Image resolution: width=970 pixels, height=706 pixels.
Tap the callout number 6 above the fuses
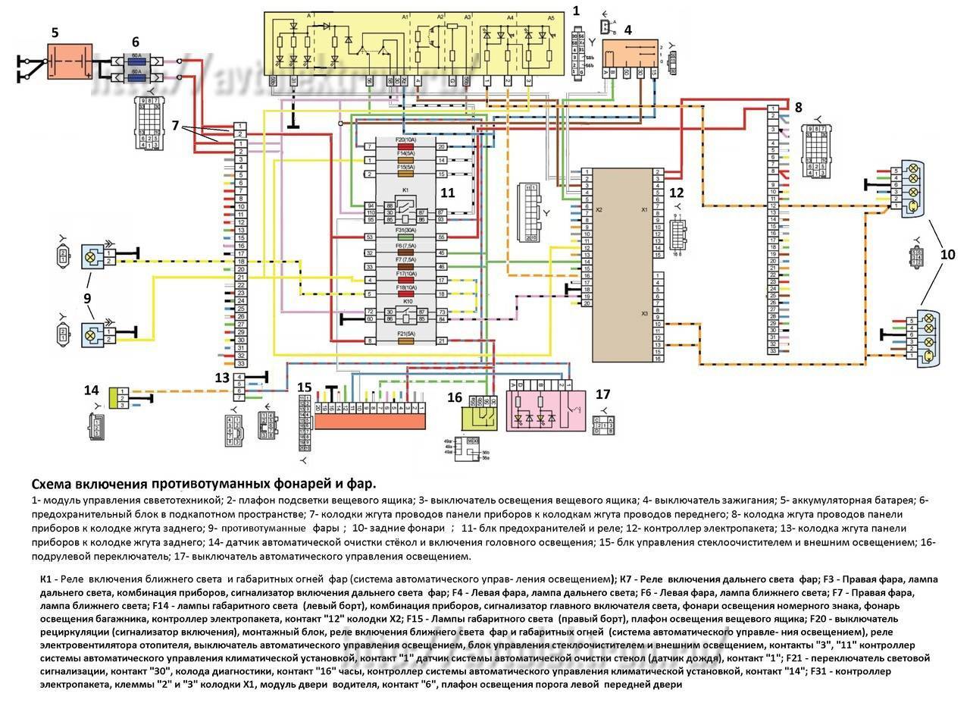pyautogui.click(x=135, y=42)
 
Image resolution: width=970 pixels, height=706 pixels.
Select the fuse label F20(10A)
pyautogui.click(x=405, y=140)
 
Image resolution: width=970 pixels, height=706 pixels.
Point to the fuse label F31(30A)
pyautogui.click(x=405, y=231)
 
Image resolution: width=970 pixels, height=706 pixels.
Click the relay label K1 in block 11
pyautogui.click(x=405, y=190)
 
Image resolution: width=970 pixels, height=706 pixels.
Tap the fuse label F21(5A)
pyautogui.click(x=405, y=334)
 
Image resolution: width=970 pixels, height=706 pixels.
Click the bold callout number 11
pyautogui.click(x=448, y=193)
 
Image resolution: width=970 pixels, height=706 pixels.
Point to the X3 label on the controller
pyautogui.click(x=644, y=312)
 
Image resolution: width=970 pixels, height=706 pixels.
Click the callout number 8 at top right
pyautogui.click(x=798, y=107)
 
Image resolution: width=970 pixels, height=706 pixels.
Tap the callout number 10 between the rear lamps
pyautogui.click(x=947, y=255)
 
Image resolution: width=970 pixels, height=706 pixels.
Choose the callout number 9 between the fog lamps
pyautogui.click(x=87, y=298)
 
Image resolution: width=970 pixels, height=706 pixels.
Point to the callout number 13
pyautogui.click(x=221, y=378)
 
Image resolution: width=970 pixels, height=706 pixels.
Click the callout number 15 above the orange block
pyautogui.click(x=304, y=388)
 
